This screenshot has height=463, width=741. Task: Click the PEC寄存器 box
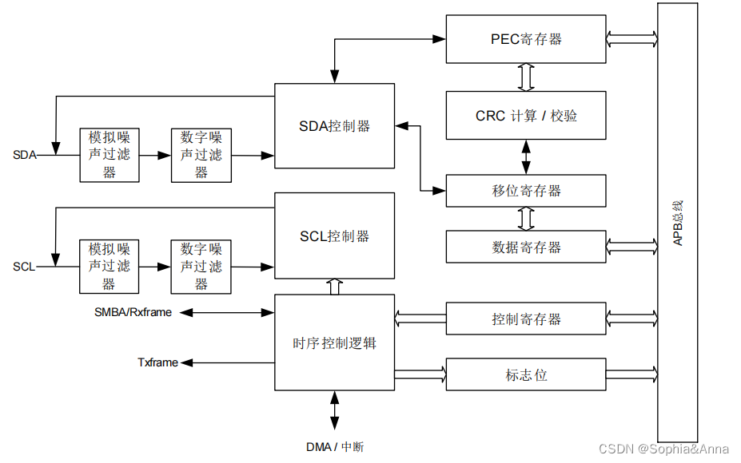(526, 39)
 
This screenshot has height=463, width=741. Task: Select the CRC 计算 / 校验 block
(526, 116)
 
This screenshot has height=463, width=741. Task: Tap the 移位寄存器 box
(526, 191)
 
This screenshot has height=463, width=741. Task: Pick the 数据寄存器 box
(526, 247)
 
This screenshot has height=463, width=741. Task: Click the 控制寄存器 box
(526, 319)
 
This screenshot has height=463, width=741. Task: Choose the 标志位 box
(526, 374)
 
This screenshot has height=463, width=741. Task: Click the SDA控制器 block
(334, 126)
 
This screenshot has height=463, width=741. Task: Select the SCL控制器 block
(334, 236)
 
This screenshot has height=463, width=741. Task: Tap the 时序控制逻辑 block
(334, 343)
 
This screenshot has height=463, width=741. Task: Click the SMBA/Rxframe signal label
(133, 312)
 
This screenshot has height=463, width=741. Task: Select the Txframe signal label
(157, 362)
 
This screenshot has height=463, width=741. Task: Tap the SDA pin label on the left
(24, 155)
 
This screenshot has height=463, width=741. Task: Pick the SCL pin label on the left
(24, 266)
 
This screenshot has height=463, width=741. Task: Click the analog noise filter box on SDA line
(110, 155)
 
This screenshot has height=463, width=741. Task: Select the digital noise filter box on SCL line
(201, 266)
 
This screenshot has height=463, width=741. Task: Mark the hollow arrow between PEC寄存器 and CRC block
(526, 77)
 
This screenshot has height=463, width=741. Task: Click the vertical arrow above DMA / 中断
(334, 412)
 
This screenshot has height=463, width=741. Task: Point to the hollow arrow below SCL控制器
(334, 287)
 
